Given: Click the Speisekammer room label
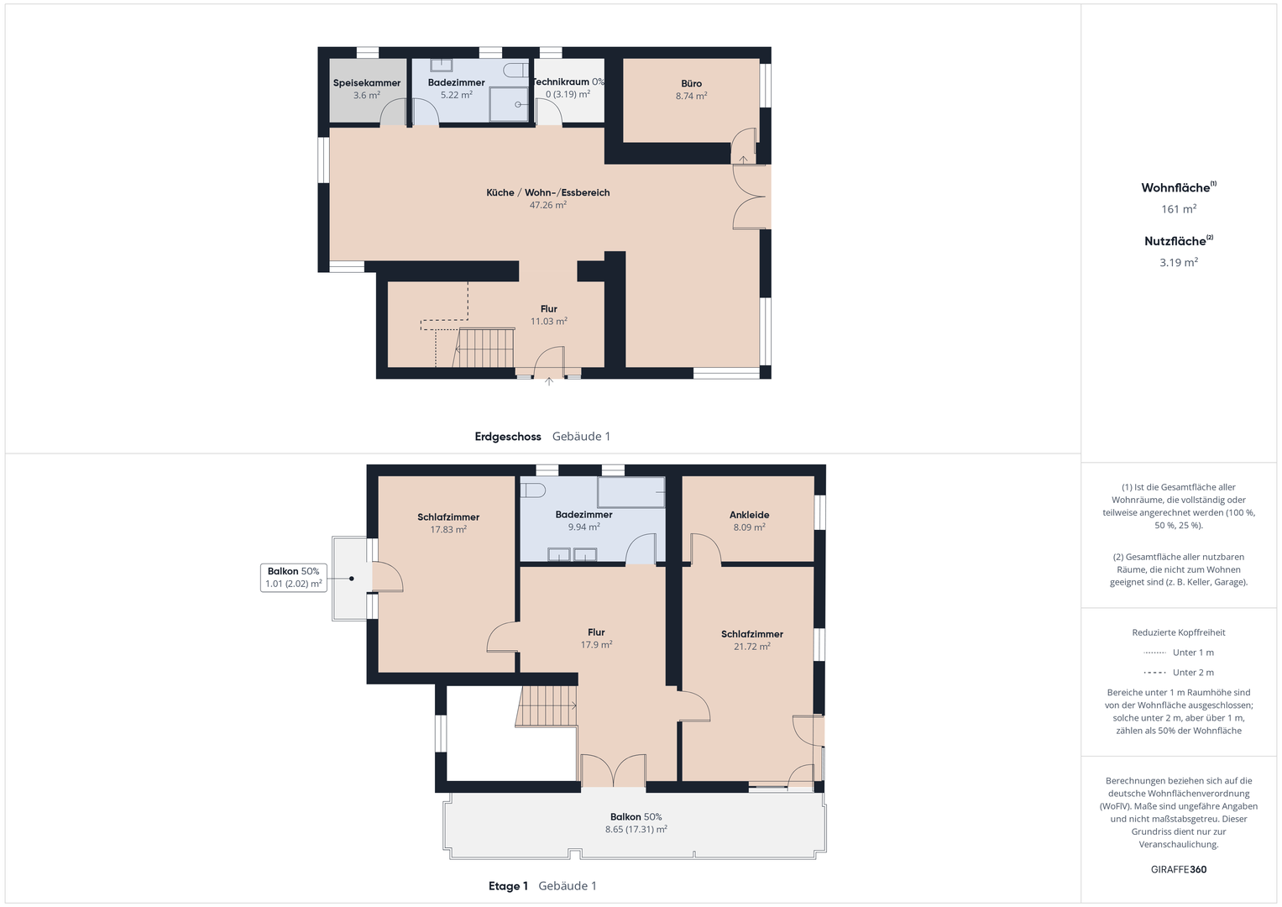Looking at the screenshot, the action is (367, 83).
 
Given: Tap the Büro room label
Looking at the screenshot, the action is (691, 84).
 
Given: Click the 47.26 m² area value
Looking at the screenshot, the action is (548, 205).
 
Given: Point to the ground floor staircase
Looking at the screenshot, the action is (484, 348).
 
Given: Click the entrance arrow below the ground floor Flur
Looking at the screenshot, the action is (549, 381).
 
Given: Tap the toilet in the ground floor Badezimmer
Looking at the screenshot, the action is (516, 70).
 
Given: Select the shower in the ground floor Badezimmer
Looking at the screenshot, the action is (509, 104).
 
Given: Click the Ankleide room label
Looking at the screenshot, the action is (749, 515).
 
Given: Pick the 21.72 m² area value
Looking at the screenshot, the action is (752, 647).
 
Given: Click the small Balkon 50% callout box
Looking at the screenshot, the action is (294, 578).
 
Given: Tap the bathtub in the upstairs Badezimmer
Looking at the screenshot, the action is (631, 492).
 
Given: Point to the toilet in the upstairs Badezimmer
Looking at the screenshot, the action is (532, 490).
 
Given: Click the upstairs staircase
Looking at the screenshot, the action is (547, 706).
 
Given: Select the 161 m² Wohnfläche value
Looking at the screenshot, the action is (1179, 209).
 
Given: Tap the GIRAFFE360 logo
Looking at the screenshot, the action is (1179, 869).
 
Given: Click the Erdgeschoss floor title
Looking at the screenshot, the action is (508, 437).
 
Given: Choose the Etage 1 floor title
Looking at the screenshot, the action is (508, 886).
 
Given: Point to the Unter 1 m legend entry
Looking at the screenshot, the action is (1179, 653).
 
